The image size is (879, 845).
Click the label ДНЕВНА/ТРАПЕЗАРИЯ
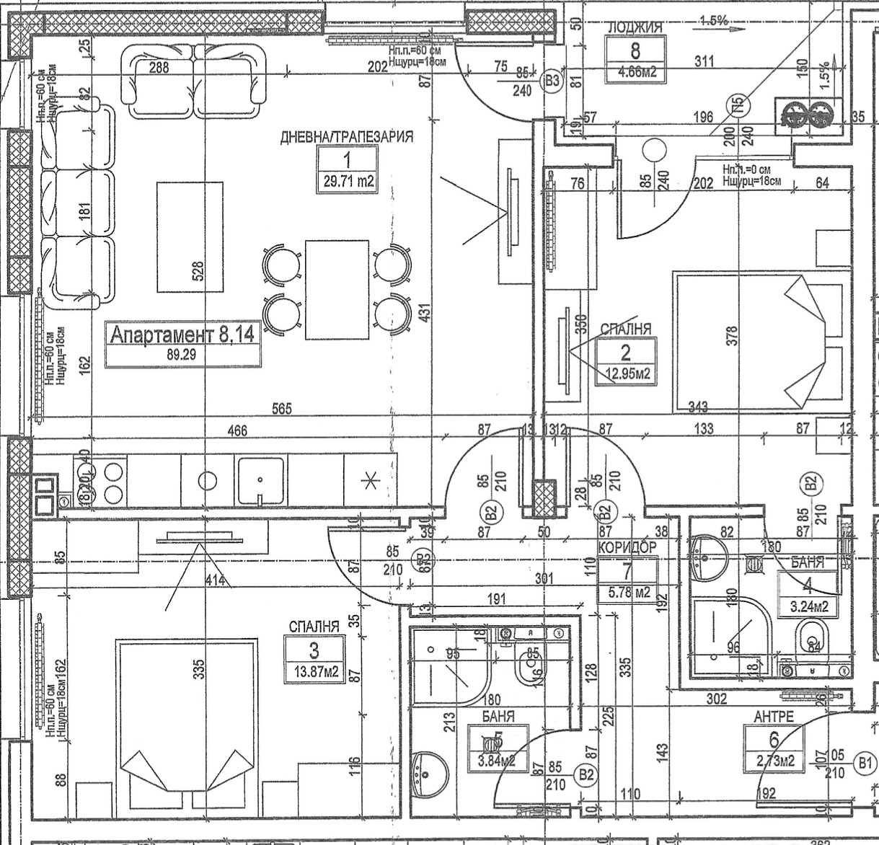point(346,137)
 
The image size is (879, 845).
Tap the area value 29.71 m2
point(348,182)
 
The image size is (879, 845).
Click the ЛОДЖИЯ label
point(635,27)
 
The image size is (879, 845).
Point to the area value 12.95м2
point(626,373)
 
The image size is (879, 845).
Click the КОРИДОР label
point(627,547)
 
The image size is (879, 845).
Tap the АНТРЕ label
point(774,717)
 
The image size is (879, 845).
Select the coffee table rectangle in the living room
point(190,236)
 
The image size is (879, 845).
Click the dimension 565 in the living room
point(282,409)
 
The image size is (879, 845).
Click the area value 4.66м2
point(635,72)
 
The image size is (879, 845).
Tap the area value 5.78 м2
point(627,593)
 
